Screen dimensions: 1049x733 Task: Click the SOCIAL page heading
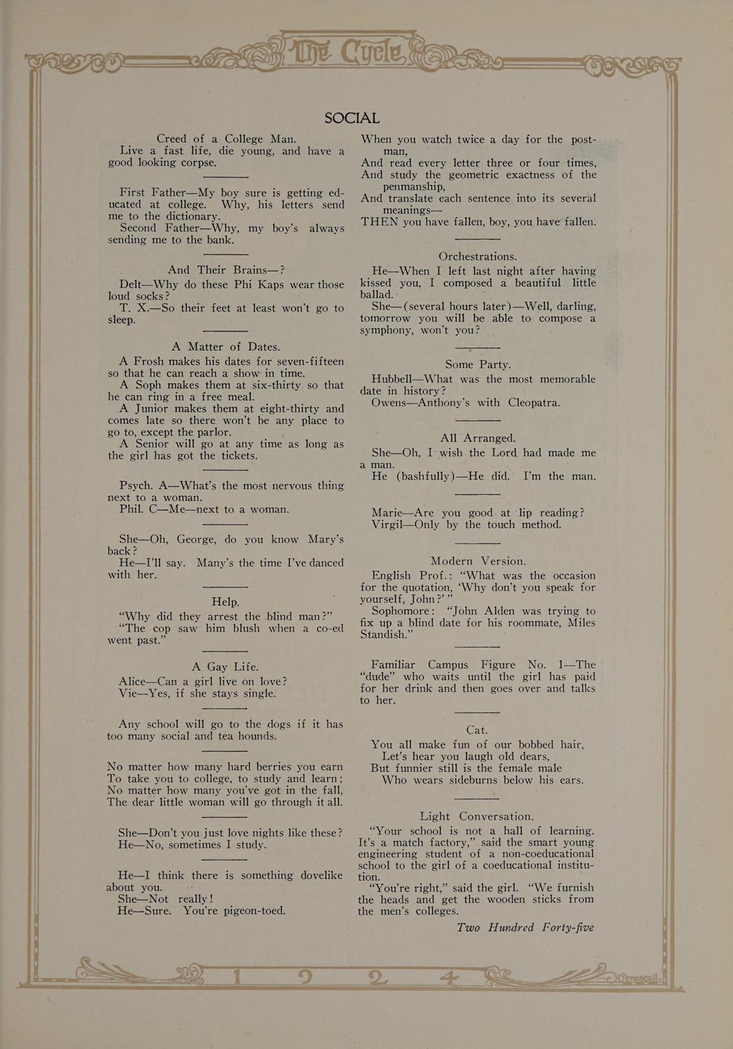click(352, 118)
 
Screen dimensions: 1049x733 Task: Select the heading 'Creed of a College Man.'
click(226, 138)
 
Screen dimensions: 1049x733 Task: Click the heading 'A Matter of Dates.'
click(225, 346)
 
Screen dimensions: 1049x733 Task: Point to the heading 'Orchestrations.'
click(478, 256)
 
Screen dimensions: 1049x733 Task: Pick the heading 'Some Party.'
click(478, 364)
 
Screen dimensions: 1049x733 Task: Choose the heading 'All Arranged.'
click(478, 438)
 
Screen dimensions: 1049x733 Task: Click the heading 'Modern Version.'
click(478, 561)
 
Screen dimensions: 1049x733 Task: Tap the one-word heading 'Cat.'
click(476, 730)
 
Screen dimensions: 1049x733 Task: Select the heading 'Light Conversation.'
click(476, 816)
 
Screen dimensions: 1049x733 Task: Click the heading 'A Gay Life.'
click(225, 666)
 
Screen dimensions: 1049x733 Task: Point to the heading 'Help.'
click(225, 601)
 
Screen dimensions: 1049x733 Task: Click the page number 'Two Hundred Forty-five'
click(525, 927)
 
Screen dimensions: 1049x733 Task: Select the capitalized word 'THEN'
click(379, 222)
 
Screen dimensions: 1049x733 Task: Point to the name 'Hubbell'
click(393, 379)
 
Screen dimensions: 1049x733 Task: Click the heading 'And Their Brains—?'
click(225, 270)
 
